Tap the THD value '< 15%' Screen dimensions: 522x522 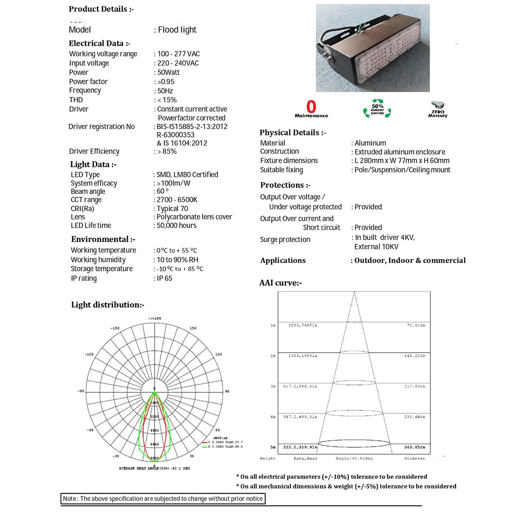click(x=167, y=100)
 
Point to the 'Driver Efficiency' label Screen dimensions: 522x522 click(x=94, y=151)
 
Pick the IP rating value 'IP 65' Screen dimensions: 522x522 click(x=164, y=278)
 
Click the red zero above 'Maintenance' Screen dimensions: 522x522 click(x=311, y=107)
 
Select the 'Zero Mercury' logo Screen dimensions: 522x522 click(x=438, y=109)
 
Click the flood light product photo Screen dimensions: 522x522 click(x=373, y=48)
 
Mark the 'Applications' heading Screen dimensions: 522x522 click(x=283, y=260)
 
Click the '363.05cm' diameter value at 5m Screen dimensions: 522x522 click(x=415, y=447)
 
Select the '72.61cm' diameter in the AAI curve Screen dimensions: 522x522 click(x=416, y=326)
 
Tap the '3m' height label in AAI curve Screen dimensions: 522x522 click(x=273, y=386)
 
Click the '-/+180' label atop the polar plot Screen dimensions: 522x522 click(x=154, y=318)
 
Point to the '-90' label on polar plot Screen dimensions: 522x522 click(x=81, y=391)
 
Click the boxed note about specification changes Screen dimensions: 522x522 click(x=163, y=499)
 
